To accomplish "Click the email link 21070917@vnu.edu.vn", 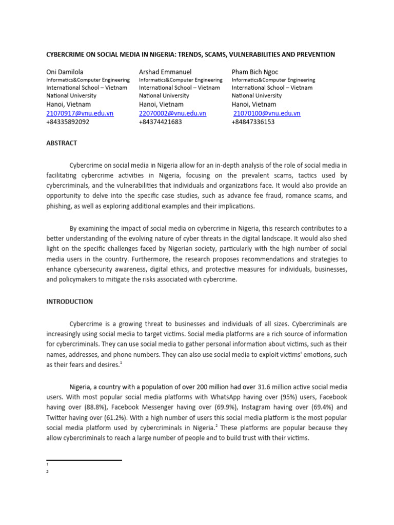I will coord(80,113).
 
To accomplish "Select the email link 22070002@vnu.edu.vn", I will coord(172,113).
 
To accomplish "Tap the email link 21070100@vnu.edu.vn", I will coord(267,113).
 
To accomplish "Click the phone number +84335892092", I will coord(68,122).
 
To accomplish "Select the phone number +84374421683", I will coord(160,122).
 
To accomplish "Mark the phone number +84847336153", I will coord(253,122).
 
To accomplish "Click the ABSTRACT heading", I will coord(62,144).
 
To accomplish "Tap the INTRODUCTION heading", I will coord(70,301).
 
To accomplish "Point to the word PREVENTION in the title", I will coord(317,54).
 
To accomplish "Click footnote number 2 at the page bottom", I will coord(47,472).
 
